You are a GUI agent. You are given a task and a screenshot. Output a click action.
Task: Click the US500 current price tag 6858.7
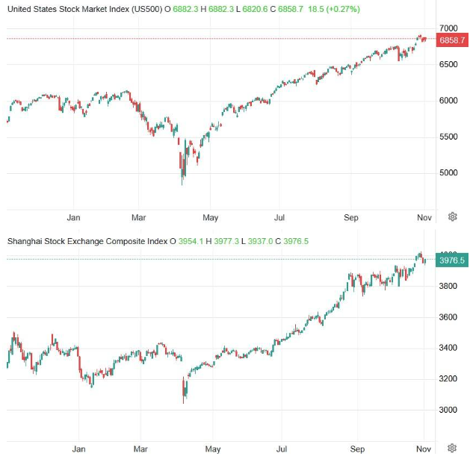point(452,39)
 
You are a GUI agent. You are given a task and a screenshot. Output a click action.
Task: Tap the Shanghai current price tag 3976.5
point(452,260)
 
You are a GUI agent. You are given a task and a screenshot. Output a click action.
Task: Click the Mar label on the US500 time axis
point(139,218)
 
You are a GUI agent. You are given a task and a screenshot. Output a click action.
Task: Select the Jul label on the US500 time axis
point(278,218)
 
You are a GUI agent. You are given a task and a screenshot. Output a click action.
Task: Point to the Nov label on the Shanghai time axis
point(423,450)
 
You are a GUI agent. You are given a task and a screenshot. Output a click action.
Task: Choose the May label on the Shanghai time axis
point(213,450)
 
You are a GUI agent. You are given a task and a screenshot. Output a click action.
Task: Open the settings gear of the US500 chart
point(453,217)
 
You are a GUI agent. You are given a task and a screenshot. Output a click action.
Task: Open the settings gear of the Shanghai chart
point(453,449)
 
